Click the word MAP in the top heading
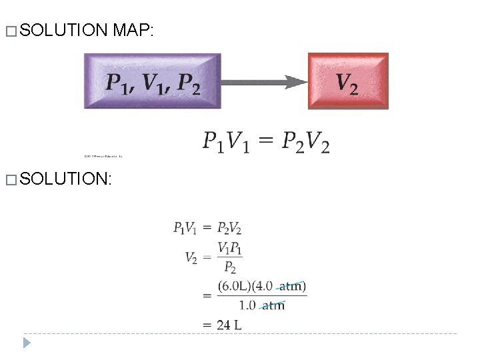pos(134,29)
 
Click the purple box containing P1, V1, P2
pos(152,81)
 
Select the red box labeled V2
pos(347,81)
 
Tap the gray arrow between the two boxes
pos(264,82)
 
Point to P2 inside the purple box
pos(187,84)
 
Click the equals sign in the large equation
pos(265,141)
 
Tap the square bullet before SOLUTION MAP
pos(8,30)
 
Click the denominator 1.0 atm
pos(261,305)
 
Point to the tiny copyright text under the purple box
pos(103,157)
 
